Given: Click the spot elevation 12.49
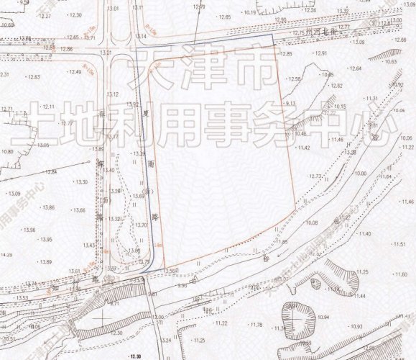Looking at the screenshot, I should pyautogui.click(x=75, y=72).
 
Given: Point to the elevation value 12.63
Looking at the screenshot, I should pyautogui.click(x=34, y=77).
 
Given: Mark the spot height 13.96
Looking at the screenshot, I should pyautogui.click(x=29, y=230).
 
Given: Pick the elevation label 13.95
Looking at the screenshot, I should pyautogui.click(x=46, y=239).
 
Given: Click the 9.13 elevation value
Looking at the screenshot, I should pyautogui.click(x=290, y=104).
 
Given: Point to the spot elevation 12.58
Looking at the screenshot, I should pyautogui.click(x=294, y=78).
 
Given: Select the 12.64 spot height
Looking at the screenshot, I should pyautogui.click(x=355, y=68).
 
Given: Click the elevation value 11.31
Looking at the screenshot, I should pyautogui.click(x=371, y=98).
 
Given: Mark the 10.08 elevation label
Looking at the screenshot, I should pyautogui.click(x=312, y=223).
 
